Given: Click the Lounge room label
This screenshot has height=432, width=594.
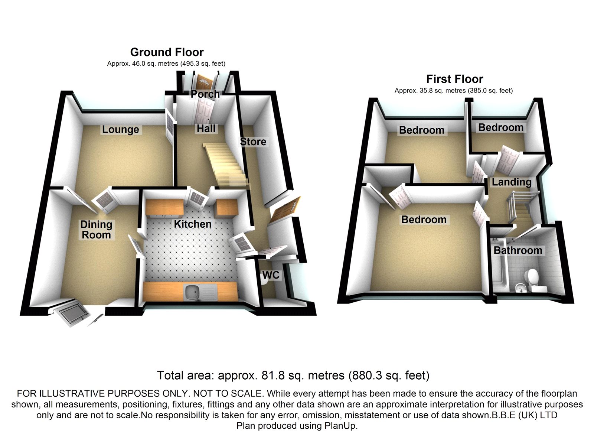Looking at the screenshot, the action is [x=120, y=130].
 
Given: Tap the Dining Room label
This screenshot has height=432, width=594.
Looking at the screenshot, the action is [x=96, y=230].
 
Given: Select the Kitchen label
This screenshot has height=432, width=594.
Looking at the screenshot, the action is [x=193, y=224].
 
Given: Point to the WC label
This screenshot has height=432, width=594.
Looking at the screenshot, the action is [x=271, y=275].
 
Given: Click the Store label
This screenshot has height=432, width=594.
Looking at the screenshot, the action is [x=253, y=142].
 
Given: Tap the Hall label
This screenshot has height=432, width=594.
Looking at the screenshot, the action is [x=206, y=129].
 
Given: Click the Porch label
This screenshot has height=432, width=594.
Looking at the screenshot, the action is [x=205, y=94].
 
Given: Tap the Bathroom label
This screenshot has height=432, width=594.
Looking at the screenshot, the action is [x=518, y=250].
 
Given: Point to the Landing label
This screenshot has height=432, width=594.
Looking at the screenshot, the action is [x=511, y=182].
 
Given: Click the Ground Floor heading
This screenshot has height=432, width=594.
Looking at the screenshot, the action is [x=167, y=52].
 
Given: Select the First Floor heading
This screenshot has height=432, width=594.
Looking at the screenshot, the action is [x=454, y=79].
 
